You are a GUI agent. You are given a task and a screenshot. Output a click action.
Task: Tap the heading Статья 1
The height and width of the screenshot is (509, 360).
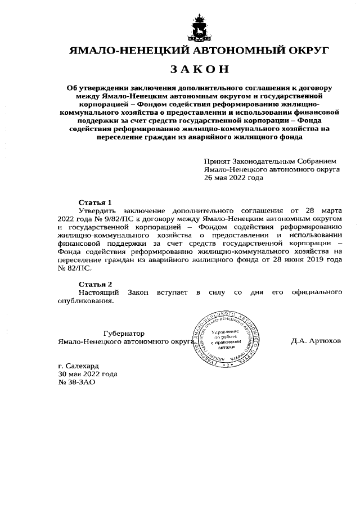point(95,202)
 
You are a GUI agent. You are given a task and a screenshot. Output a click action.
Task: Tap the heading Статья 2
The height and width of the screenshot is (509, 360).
point(95,284)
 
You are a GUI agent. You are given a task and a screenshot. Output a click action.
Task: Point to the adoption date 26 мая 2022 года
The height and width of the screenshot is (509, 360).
point(233,177)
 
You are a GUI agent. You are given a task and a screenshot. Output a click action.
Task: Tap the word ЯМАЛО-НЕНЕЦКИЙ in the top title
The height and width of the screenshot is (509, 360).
point(120,51)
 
